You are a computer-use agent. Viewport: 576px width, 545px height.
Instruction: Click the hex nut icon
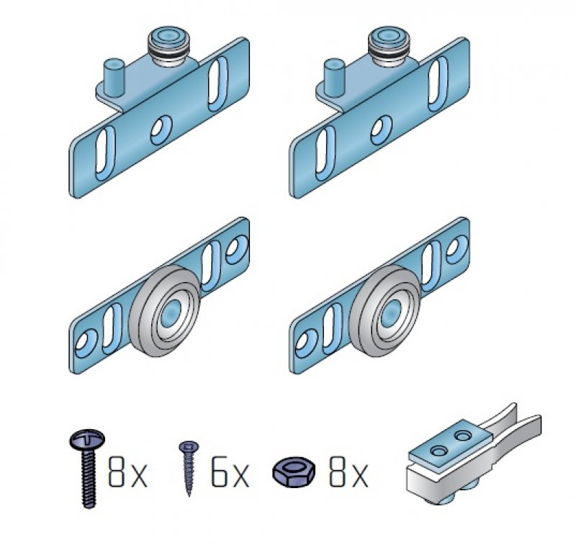coord(294,472)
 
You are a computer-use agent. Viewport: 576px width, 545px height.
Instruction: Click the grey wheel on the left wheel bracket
coord(166,310)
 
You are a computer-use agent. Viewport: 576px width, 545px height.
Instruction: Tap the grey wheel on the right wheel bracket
coord(385,310)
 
